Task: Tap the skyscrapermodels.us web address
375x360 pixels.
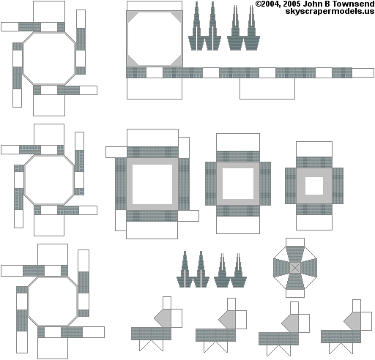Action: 330,11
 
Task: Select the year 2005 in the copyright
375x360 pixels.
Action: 292,4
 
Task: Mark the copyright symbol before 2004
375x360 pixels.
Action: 259,4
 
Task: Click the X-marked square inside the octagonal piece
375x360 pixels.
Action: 295,268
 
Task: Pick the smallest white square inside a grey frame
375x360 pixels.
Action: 314,186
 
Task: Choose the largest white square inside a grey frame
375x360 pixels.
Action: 152,184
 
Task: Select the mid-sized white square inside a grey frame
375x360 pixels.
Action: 238,184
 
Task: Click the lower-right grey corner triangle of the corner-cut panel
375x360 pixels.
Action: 177,61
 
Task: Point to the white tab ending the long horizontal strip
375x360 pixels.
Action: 363,72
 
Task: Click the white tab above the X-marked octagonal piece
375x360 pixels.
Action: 295,242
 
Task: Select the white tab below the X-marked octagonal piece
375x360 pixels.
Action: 295,293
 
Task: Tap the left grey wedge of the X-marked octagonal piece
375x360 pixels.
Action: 281,268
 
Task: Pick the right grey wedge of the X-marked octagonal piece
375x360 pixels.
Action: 308,268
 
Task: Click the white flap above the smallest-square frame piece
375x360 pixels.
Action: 314,149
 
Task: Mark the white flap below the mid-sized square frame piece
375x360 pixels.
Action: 238,225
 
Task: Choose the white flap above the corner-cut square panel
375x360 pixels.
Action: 155,6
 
